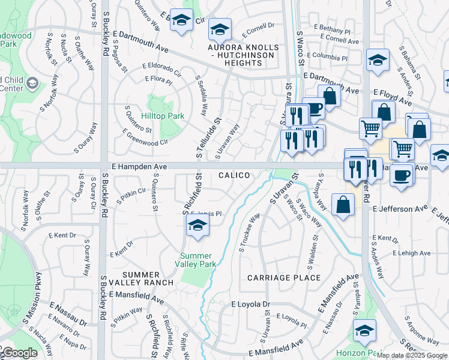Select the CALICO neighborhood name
tap(234, 175)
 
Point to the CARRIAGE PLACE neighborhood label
tap(284, 278)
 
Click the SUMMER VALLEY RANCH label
tap(148, 278)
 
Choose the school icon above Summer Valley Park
tap(196, 226)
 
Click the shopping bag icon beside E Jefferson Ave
tap(342, 205)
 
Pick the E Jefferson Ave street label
tap(400, 209)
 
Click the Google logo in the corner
tap(19, 353)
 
